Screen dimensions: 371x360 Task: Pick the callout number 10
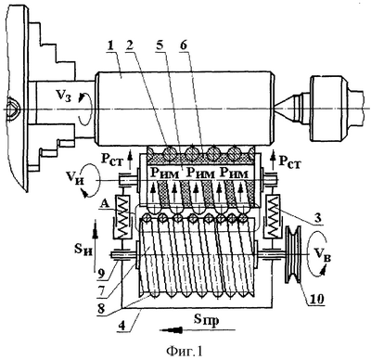point(316,299)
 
